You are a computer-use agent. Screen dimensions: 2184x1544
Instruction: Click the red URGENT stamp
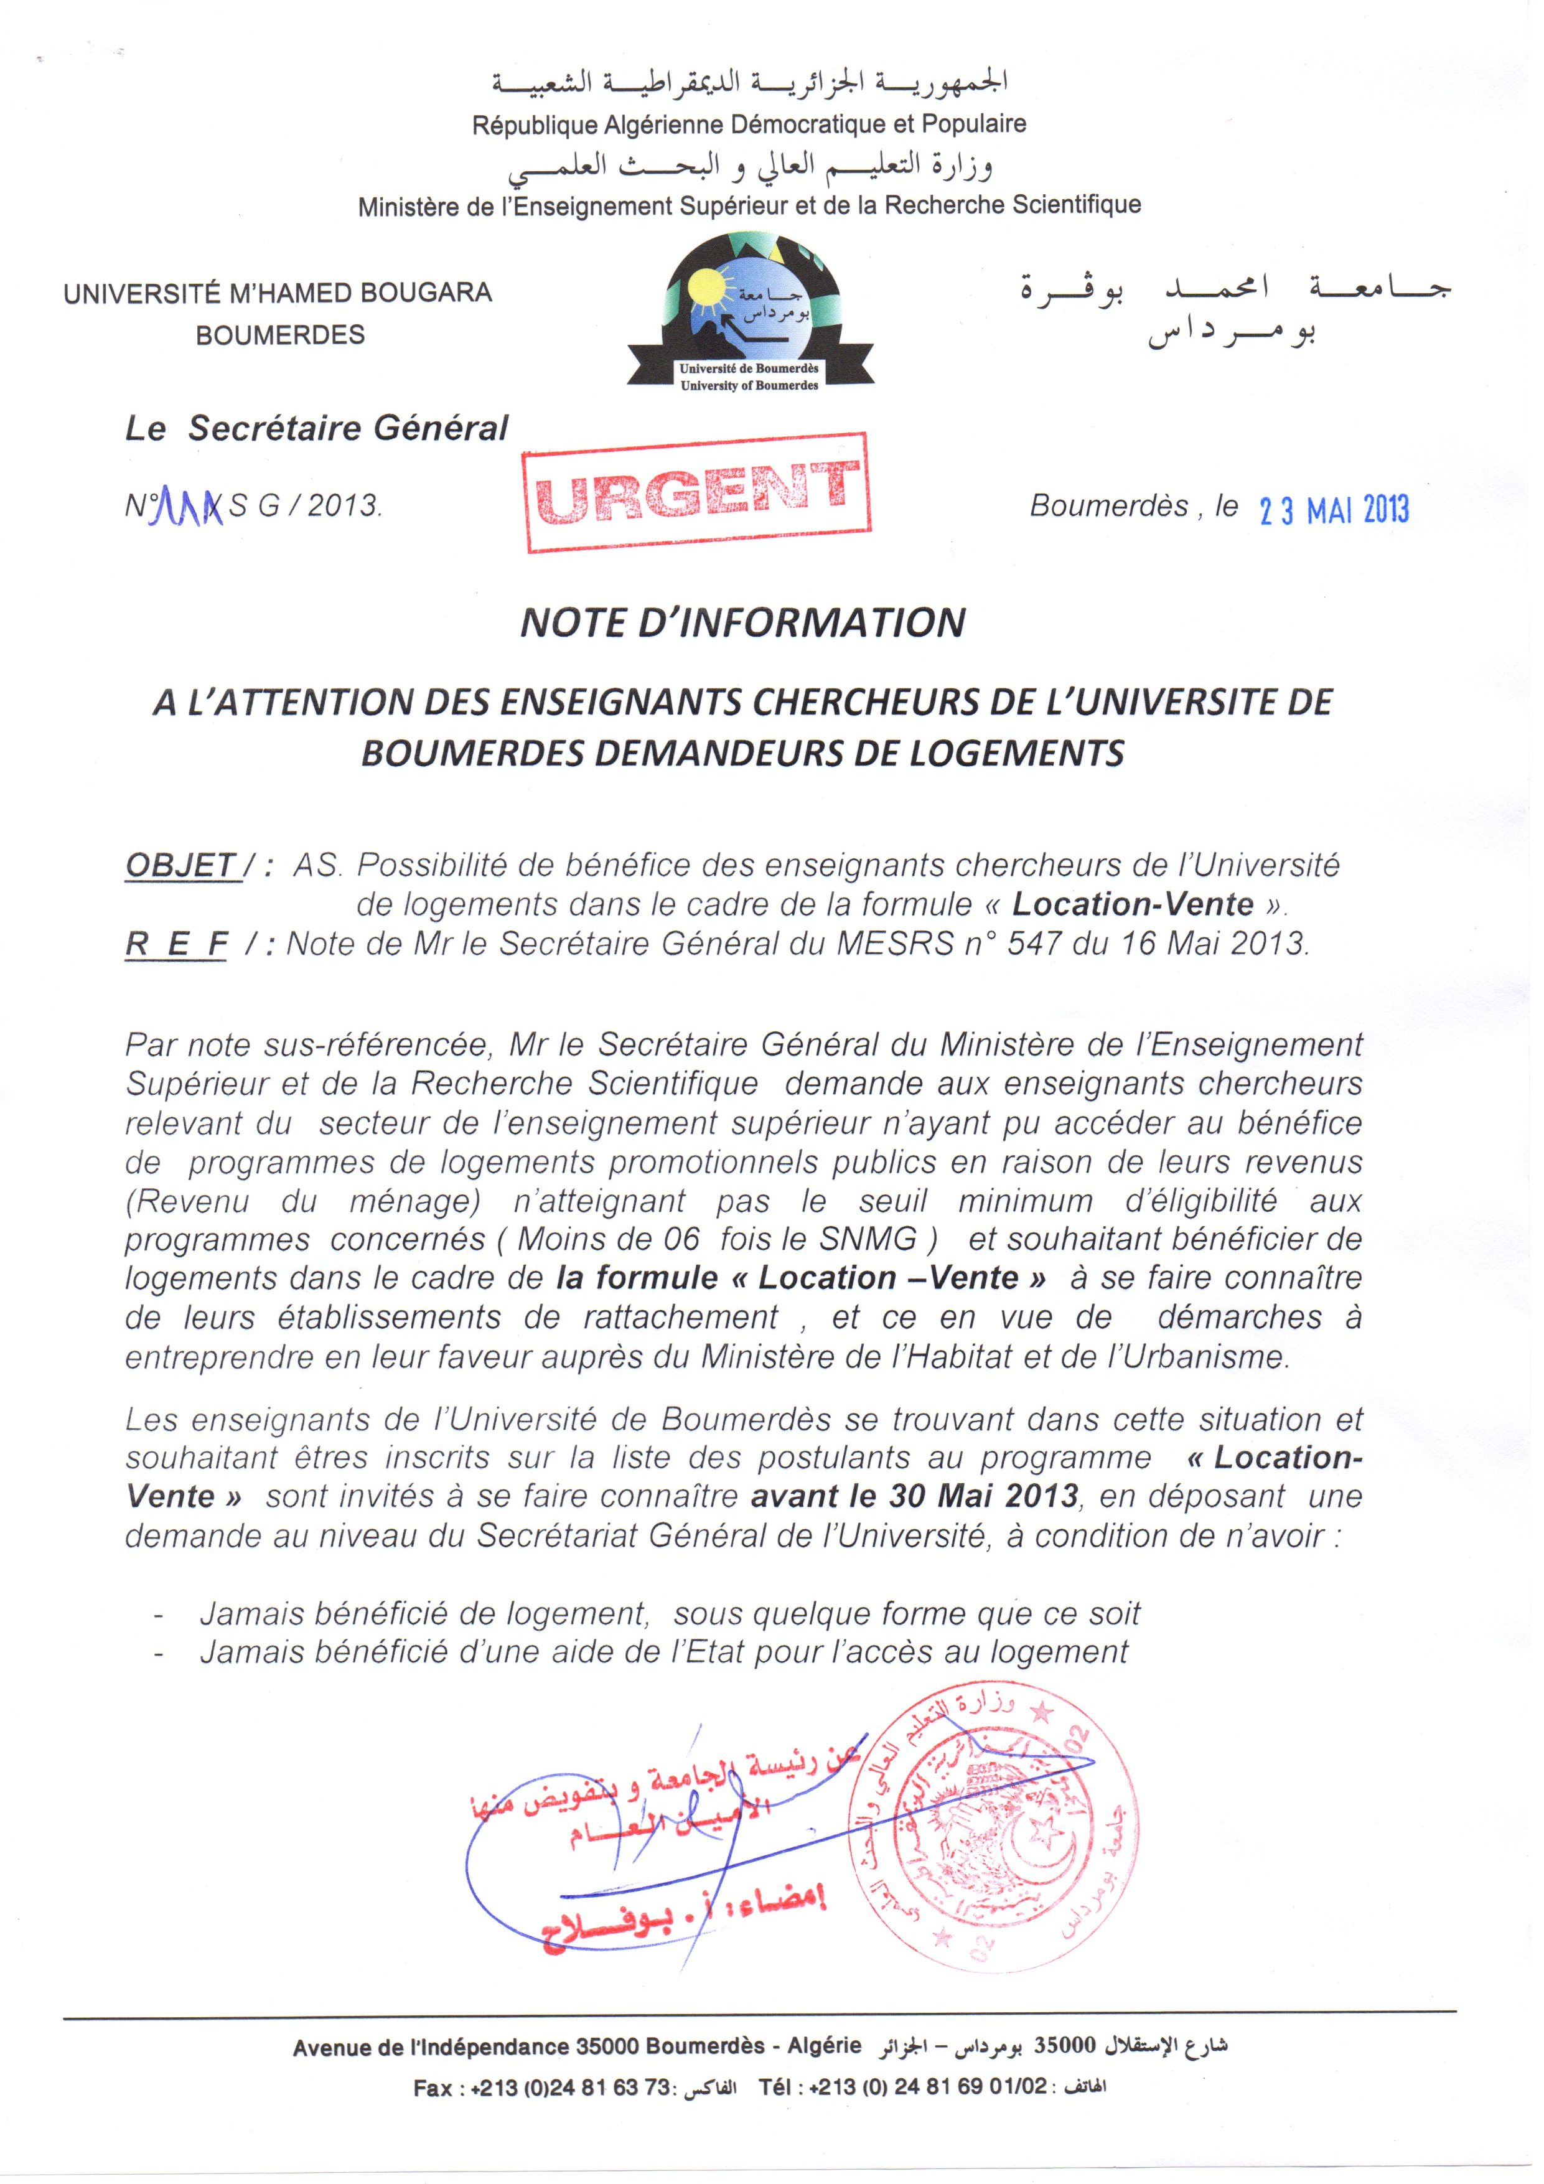coord(698,493)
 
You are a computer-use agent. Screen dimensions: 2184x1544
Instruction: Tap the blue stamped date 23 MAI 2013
coord(1334,511)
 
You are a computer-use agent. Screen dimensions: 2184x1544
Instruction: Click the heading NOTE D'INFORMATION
coord(743,623)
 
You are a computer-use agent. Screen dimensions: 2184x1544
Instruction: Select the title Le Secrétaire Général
coord(317,428)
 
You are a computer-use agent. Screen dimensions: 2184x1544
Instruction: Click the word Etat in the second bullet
coord(709,1652)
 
